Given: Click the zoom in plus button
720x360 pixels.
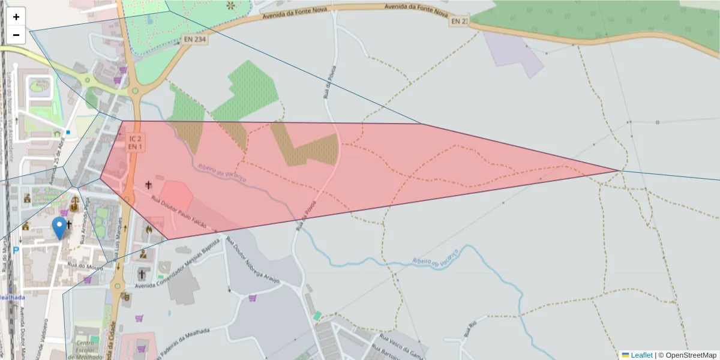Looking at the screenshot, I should [x=16, y=17].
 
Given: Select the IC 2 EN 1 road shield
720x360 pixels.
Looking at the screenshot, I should [x=135, y=143].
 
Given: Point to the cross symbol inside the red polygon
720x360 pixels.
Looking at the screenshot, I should [x=148, y=185].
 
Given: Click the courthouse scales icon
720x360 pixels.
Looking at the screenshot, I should [x=74, y=205].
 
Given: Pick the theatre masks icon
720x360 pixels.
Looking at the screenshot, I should [x=125, y=295].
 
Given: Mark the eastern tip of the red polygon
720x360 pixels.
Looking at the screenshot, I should [x=617, y=170].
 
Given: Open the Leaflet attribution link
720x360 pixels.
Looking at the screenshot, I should [x=641, y=355].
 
